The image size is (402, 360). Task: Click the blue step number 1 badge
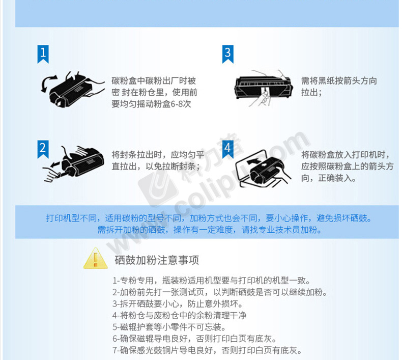tap(43, 54)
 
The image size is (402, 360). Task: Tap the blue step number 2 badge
tap(43, 149)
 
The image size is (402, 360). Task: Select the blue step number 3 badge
tap(227, 54)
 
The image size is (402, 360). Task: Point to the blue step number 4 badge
tap(227, 149)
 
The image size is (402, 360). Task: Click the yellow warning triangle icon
tap(95, 258)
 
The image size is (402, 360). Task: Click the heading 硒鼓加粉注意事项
tap(157, 260)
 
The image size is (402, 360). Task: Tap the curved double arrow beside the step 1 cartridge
tap(48, 83)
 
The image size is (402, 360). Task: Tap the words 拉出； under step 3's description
tap(311, 92)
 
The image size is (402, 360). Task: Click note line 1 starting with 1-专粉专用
tap(211, 281)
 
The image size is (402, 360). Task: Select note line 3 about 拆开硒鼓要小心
tap(178, 304)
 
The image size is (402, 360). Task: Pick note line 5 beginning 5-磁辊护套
tap(169, 327)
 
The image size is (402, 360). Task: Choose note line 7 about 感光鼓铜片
tap(207, 350)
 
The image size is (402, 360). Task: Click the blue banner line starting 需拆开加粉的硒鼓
tap(210, 230)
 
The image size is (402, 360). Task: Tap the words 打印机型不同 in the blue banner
tap(71, 218)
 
